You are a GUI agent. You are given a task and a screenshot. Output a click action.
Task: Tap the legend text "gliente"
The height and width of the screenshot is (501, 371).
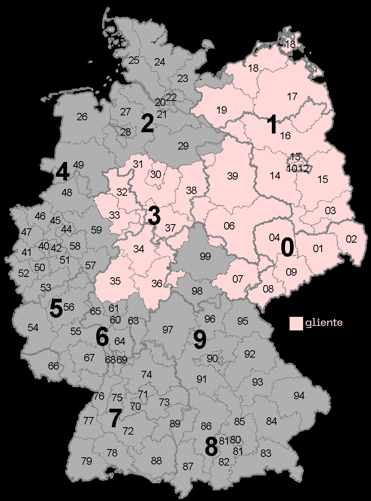pyautogui.click(x=324, y=323)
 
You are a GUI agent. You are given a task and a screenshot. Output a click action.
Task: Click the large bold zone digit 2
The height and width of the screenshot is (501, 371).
pyautogui.click(x=147, y=124)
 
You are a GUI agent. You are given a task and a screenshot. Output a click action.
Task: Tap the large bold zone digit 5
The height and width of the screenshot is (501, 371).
pyautogui.click(x=56, y=309)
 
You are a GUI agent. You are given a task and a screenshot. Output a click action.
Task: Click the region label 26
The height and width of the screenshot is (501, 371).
pyautogui.click(x=82, y=117)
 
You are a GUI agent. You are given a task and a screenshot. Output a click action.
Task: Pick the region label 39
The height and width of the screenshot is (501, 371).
pyautogui.click(x=232, y=176)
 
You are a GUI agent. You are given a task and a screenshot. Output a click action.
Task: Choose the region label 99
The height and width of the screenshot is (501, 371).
pyautogui.click(x=205, y=257)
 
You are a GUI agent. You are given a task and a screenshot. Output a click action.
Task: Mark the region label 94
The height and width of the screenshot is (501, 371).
pyautogui.click(x=299, y=396)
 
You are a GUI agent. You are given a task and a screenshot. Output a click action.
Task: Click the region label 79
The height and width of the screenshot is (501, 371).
pyautogui.click(x=86, y=461)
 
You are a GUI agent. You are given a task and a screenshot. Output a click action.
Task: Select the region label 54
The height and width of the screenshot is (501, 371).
pyautogui.click(x=33, y=328)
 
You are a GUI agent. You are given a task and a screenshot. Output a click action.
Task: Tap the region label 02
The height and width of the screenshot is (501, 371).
pyautogui.click(x=351, y=239)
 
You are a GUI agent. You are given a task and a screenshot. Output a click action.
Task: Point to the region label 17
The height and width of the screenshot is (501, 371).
pyautogui.click(x=292, y=97)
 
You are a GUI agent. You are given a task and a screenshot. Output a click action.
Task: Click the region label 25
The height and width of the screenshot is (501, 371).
pyautogui.click(x=134, y=61)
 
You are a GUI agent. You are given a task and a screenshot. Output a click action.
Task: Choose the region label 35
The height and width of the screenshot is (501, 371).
pyautogui.click(x=115, y=281)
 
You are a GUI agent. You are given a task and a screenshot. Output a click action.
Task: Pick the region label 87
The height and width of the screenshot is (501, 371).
pyautogui.click(x=188, y=467)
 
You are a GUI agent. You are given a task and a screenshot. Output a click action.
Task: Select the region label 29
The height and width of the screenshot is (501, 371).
pyautogui.click(x=183, y=145)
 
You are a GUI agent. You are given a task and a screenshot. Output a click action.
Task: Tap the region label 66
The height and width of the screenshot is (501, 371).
pyautogui.click(x=53, y=366)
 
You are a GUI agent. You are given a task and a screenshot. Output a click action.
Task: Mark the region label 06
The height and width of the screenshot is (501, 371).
pyautogui.click(x=229, y=226)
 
